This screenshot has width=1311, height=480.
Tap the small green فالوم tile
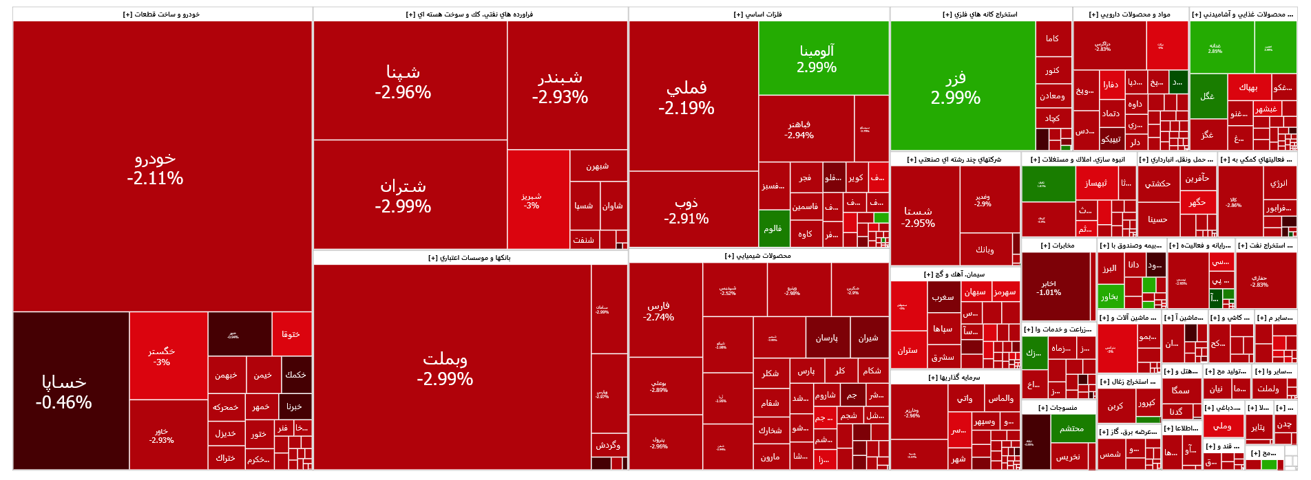point(773,228)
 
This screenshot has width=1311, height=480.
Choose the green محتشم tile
point(1072,428)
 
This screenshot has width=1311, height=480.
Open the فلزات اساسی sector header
point(758,14)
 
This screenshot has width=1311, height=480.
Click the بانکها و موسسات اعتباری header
point(470,258)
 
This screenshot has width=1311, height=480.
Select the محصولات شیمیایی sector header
point(758,256)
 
